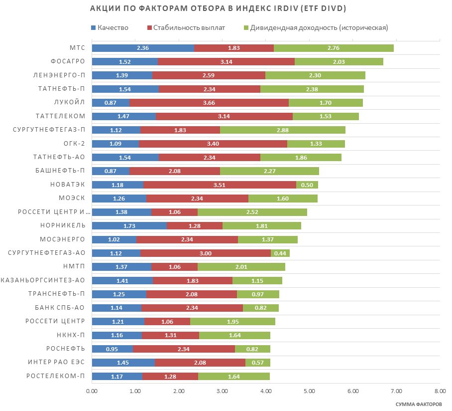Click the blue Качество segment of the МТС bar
[143, 48]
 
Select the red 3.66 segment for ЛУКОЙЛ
[209, 102]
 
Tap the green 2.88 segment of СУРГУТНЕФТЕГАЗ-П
[282, 130]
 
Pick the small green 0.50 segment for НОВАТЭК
[307, 185]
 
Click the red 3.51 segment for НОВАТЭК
[220, 185]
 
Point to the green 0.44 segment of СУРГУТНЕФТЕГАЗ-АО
[280, 253]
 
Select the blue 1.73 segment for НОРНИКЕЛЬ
[129, 225]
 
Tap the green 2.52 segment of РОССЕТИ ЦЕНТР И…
[252, 212]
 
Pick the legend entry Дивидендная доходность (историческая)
[319, 27]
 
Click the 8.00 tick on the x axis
[439, 392]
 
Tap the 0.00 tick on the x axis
[92, 392]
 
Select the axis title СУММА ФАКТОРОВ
[418, 404]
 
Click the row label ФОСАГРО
[68, 61]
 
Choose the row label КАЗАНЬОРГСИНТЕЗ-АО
[43, 280]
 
